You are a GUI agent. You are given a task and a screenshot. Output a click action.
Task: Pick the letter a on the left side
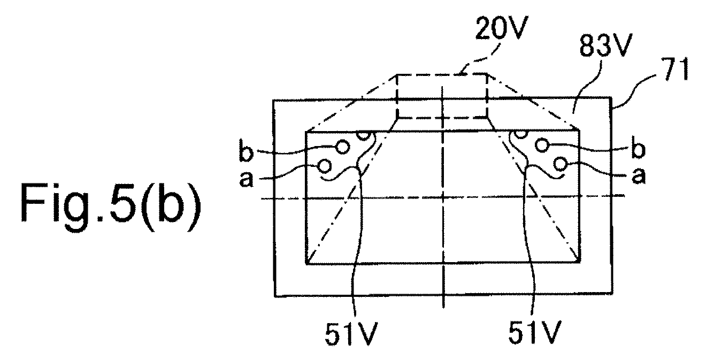point(247,179)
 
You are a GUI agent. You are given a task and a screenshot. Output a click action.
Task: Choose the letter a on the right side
point(639,175)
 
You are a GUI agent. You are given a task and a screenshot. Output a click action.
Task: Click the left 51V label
point(351,334)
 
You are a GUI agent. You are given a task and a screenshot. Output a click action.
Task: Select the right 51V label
point(535,332)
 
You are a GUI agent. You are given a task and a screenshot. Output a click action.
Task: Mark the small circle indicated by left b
point(343,147)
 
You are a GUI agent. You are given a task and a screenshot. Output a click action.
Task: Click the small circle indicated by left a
point(325,166)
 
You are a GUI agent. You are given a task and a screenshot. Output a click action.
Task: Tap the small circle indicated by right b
point(542,145)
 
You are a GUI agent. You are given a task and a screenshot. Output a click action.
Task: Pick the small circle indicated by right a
point(560,164)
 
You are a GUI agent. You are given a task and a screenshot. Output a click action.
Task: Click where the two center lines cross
point(443,198)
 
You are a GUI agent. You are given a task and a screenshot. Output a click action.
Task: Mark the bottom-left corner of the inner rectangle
point(306,263)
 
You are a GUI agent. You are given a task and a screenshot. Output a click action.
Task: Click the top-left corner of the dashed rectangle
point(397,75)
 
